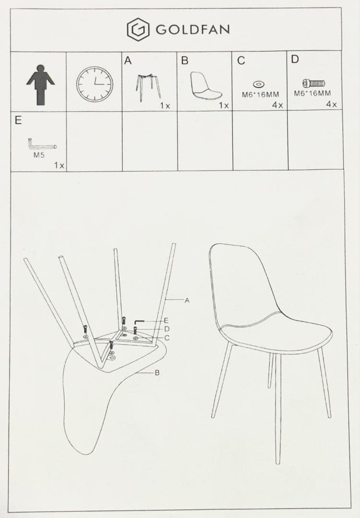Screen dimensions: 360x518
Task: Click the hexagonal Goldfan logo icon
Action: coord(138,29)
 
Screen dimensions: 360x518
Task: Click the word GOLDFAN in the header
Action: coord(193,30)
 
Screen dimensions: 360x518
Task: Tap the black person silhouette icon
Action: coord(40,85)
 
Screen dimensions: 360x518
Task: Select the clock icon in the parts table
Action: coord(95,84)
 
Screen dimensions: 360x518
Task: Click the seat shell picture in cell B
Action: coord(206,86)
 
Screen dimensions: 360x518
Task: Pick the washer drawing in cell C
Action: coord(258,84)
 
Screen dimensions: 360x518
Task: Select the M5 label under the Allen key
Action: coord(39,155)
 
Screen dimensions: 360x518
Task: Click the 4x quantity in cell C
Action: coord(278,105)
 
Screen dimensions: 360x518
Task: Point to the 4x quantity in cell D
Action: coord(331,105)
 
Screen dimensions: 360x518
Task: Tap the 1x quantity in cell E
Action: coord(59,165)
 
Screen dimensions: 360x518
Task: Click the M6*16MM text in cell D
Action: coord(312,93)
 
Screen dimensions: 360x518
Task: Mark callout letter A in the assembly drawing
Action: coord(187,300)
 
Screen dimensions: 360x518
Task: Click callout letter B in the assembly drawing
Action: coord(157,373)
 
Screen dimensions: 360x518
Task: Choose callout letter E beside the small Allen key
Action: coord(166,320)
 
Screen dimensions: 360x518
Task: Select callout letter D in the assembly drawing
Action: coord(167,329)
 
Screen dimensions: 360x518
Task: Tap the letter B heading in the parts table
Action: coord(185,60)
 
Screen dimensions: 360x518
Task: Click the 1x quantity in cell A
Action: coord(165,106)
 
